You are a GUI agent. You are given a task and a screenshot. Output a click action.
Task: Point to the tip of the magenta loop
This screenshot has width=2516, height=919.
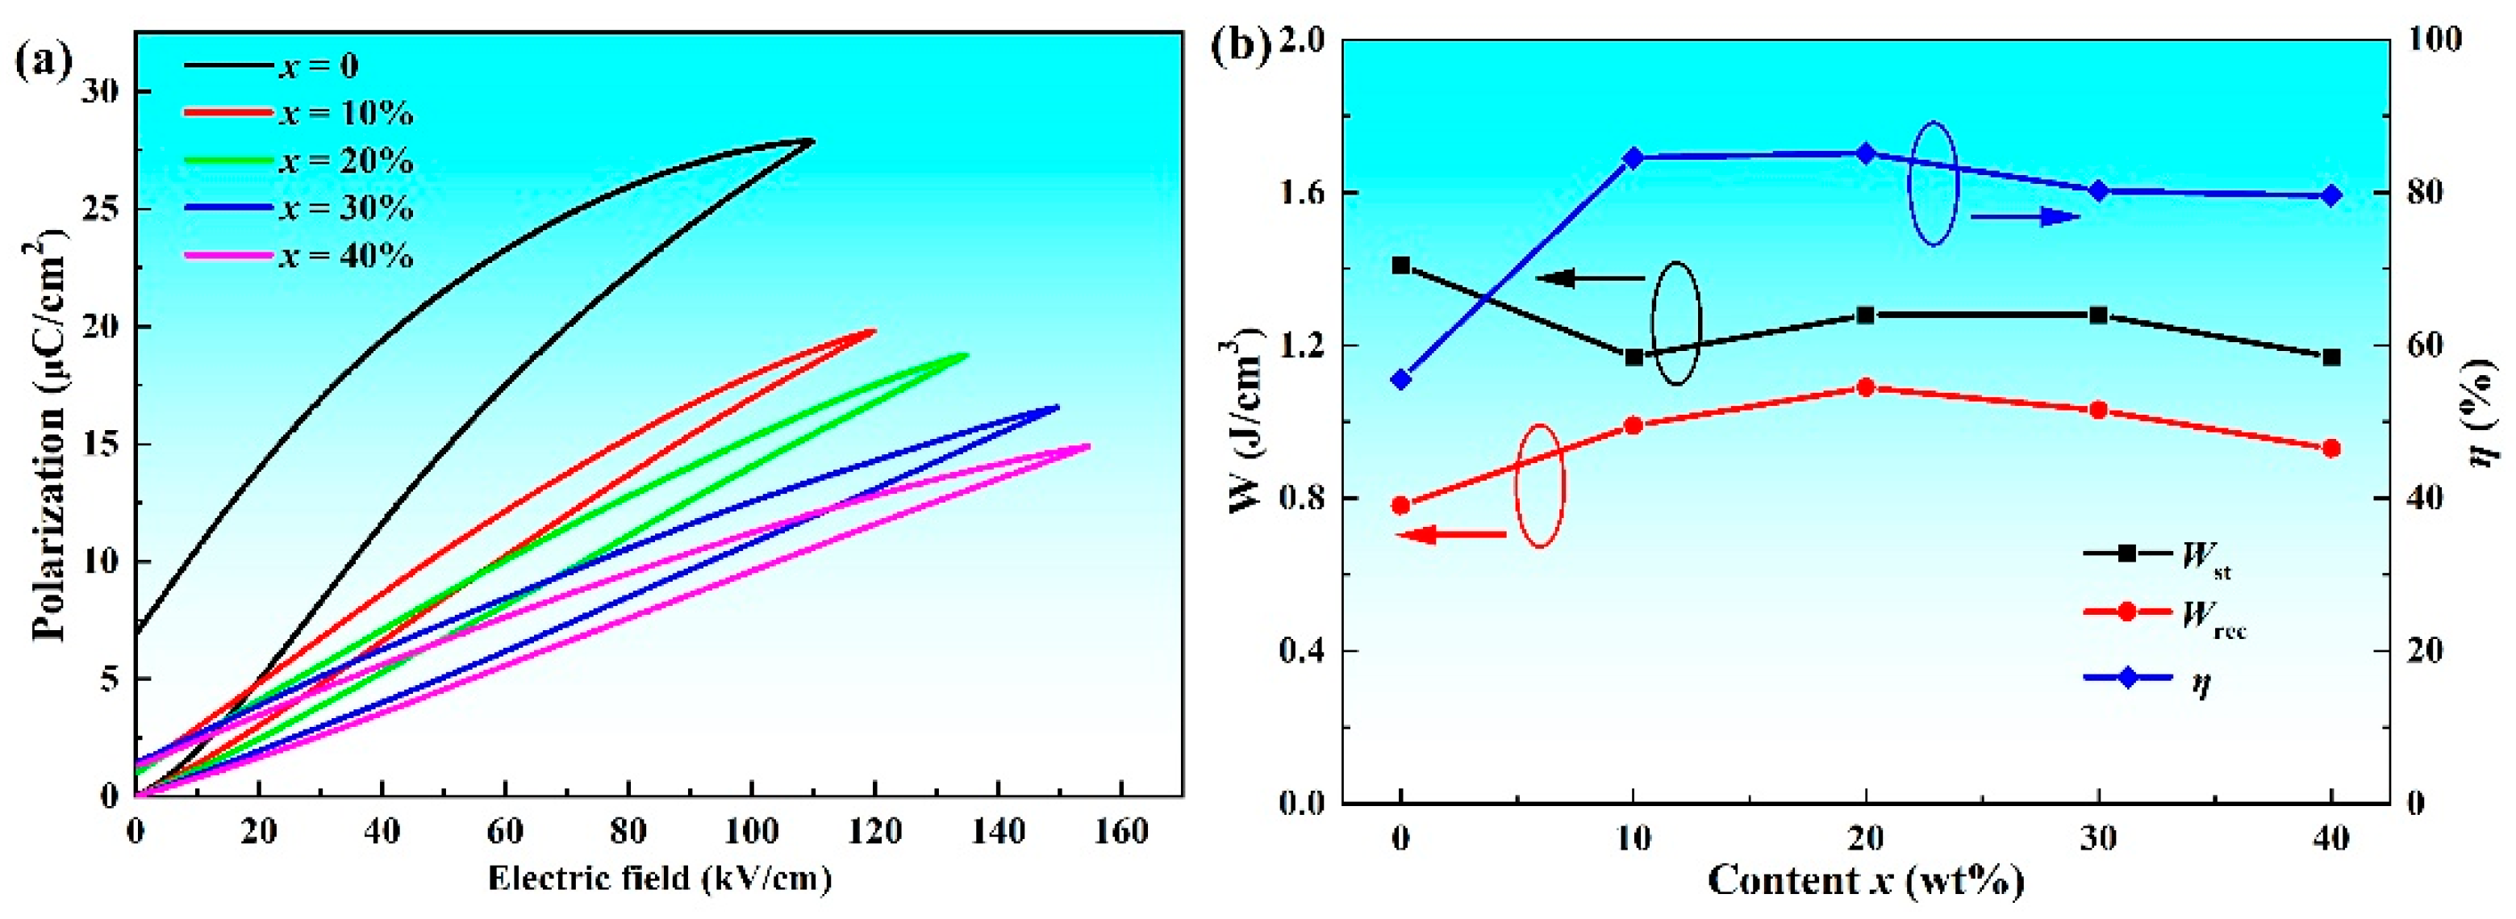click(x=1087, y=446)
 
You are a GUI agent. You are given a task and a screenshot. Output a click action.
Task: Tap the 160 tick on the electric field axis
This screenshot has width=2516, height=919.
click(x=1121, y=832)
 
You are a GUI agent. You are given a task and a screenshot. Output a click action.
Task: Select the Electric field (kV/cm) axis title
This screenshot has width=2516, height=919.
click(x=659, y=878)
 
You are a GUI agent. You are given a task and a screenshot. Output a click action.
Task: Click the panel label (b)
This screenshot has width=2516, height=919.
click(x=1239, y=46)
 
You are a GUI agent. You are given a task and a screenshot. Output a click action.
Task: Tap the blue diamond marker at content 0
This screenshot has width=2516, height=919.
click(x=1400, y=380)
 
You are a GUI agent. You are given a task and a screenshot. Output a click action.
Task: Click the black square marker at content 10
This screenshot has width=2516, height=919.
click(x=1633, y=357)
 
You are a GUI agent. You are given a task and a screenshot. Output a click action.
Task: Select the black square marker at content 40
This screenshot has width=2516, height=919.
click(x=2331, y=357)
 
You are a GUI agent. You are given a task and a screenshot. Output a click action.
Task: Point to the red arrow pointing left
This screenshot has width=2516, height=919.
click(x=1451, y=534)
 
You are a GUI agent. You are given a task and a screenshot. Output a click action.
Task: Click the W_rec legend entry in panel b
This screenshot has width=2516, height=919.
click(x=2164, y=612)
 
